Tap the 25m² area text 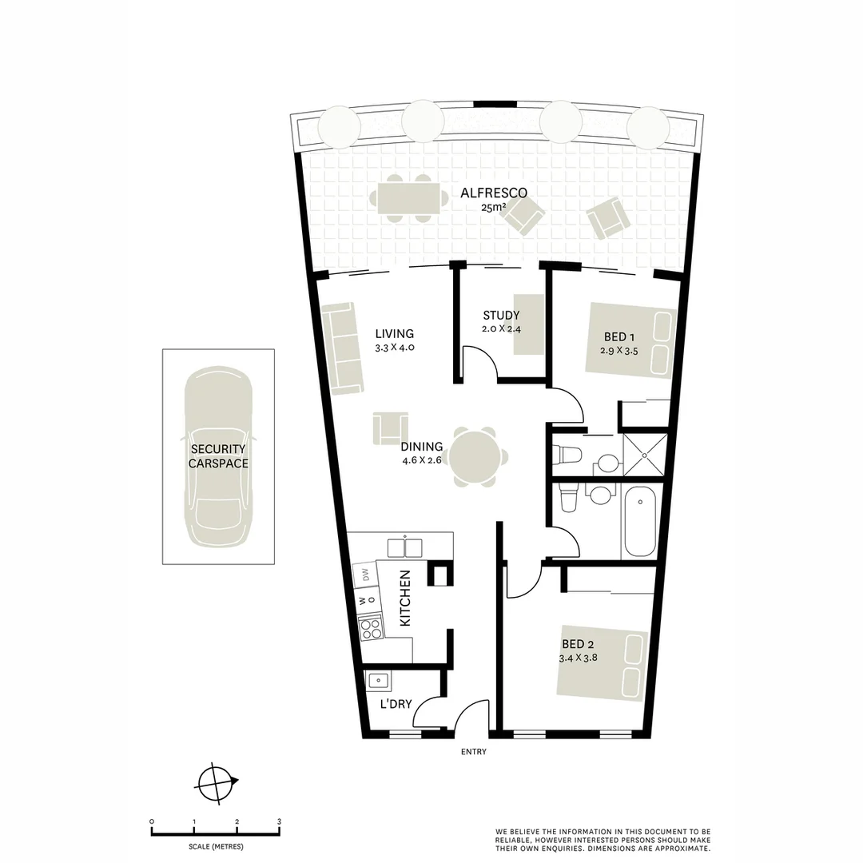[493, 207]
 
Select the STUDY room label [501, 316]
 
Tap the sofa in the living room [342, 348]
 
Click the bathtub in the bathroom [640, 523]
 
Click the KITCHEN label [404, 598]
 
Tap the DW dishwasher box [364, 575]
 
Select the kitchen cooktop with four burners [370, 629]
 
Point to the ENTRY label [474, 752]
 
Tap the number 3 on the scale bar [279, 821]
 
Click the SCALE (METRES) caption [216, 846]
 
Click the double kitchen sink [405, 547]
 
